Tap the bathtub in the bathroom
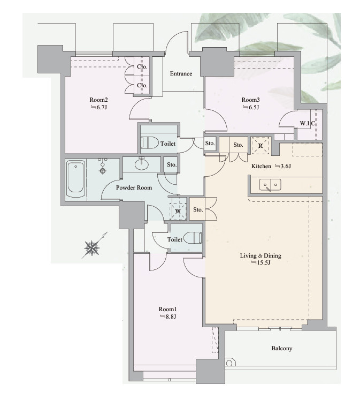pos(75,179)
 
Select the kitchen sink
pos(270,184)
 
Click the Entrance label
pos(181,73)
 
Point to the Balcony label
pos(282,348)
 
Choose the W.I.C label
pos(308,123)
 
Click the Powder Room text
pos(134,187)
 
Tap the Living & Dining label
pos(261,255)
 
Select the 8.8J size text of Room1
pos(168,317)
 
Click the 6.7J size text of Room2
pos(98,107)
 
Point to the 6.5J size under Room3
pos(251,107)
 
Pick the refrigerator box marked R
pos(261,146)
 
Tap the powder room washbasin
pos(142,164)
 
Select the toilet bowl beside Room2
pos(149,143)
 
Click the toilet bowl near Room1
pos(193,238)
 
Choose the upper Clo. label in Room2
pos(142,66)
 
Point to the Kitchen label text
pos(261,166)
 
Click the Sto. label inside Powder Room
pos(172,164)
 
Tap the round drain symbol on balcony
pos(229,363)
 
